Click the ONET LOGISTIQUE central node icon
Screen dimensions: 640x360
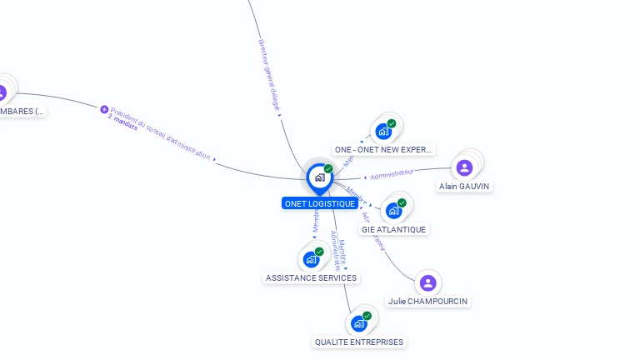[x=319, y=177]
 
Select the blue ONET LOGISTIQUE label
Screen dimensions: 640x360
[x=320, y=203]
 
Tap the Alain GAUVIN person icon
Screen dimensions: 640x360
[x=464, y=167]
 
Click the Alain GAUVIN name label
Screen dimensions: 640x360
[x=464, y=186]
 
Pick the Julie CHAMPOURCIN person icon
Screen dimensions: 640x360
[x=427, y=283]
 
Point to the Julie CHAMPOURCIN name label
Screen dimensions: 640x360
[x=427, y=301]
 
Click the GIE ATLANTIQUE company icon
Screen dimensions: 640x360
[x=392, y=211]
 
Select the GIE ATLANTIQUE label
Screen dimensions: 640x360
[x=393, y=229]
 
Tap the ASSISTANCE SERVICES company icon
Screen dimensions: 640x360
[x=311, y=259]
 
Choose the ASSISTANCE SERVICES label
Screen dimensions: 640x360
[x=311, y=277]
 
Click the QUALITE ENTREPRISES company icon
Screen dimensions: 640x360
[x=359, y=323]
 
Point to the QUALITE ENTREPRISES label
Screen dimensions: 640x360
[x=359, y=342]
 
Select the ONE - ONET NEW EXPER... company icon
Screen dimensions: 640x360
[x=383, y=132]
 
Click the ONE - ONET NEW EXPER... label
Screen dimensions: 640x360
[x=383, y=150]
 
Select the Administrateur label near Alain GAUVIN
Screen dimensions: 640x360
[x=391, y=173]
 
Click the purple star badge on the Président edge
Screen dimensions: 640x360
[x=104, y=109]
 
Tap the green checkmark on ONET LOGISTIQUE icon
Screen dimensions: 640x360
[x=328, y=168]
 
